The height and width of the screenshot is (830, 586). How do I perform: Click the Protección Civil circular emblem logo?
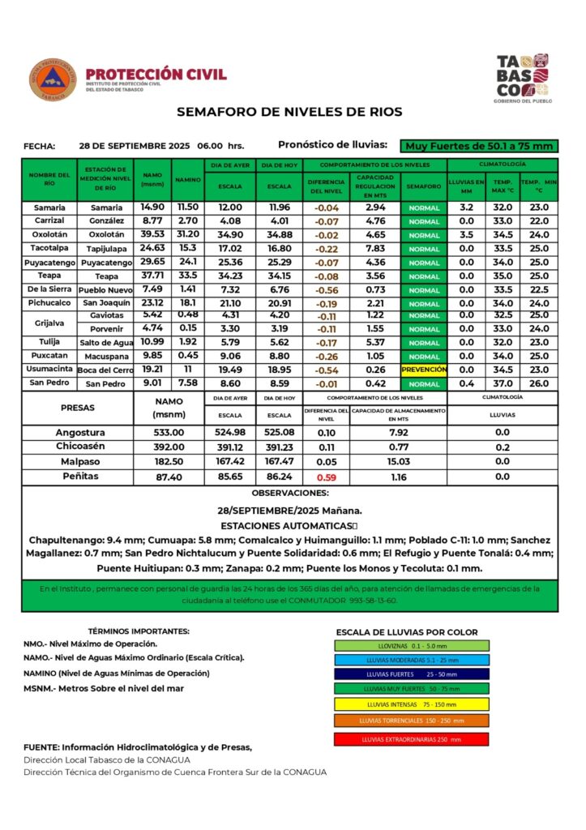53,79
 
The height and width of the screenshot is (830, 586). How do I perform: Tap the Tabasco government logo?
522,78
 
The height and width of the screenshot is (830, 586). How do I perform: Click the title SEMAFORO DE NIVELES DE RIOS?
289,112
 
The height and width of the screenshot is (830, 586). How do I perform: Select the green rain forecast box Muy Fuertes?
481,146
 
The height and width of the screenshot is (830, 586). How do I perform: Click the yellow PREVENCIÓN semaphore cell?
424,370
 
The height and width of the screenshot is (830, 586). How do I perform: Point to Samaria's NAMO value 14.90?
152,207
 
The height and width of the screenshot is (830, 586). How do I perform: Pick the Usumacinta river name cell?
49,370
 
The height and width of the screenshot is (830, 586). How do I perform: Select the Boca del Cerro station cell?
105,370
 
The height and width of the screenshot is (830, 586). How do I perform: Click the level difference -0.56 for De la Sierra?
327,290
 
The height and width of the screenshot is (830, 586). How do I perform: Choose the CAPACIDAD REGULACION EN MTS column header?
375,187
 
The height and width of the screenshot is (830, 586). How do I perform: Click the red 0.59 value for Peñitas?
327,477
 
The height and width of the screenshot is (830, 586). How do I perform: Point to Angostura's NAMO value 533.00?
169,433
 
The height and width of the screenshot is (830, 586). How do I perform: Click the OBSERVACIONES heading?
290,493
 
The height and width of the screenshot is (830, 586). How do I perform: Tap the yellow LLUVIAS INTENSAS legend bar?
412,704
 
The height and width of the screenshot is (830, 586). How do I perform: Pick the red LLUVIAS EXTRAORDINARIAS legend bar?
412,739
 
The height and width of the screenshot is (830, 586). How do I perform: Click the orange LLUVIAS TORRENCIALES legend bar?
412,721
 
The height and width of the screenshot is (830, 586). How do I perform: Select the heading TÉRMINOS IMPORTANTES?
139,631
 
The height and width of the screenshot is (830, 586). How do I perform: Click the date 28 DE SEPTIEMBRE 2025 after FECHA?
135,146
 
